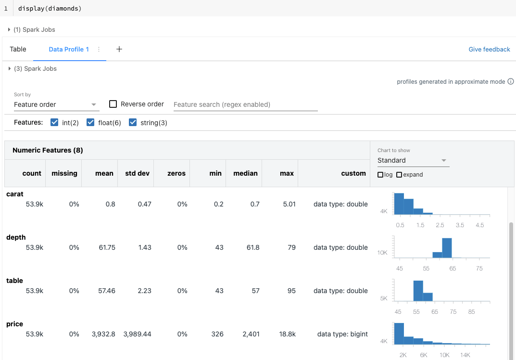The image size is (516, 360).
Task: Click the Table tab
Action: [x=18, y=49]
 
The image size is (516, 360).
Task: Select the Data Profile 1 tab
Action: [x=69, y=49]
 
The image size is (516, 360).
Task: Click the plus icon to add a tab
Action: [x=119, y=49]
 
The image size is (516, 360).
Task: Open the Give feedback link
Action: [x=489, y=49]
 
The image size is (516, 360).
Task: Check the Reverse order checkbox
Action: [x=113, y=104]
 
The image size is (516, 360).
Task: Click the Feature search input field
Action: [x=245, y=104]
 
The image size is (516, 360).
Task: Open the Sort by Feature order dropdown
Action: [x=56, y=104]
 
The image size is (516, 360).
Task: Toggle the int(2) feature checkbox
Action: [x=55, y=123]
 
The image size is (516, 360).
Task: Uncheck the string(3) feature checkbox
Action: [x=133, y=123]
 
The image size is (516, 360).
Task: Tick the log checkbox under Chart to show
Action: [x=380, y=175]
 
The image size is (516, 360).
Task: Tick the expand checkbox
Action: [x=399, y=175]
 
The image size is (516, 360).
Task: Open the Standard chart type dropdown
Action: [x=413, y=160]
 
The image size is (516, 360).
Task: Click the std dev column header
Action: [x=137, y=173]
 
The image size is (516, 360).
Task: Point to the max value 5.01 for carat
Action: [x=289, y=204]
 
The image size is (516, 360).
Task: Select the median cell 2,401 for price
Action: [x=250, y=334]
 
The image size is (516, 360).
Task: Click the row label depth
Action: [x=16, y=237]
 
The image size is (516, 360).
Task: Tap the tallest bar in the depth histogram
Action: [x=447, y=248]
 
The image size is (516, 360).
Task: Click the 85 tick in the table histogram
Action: [x=471, y=312]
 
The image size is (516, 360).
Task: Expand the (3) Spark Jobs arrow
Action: [x=10, y=69]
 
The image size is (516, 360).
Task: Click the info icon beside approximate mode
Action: [x=511, y=82]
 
